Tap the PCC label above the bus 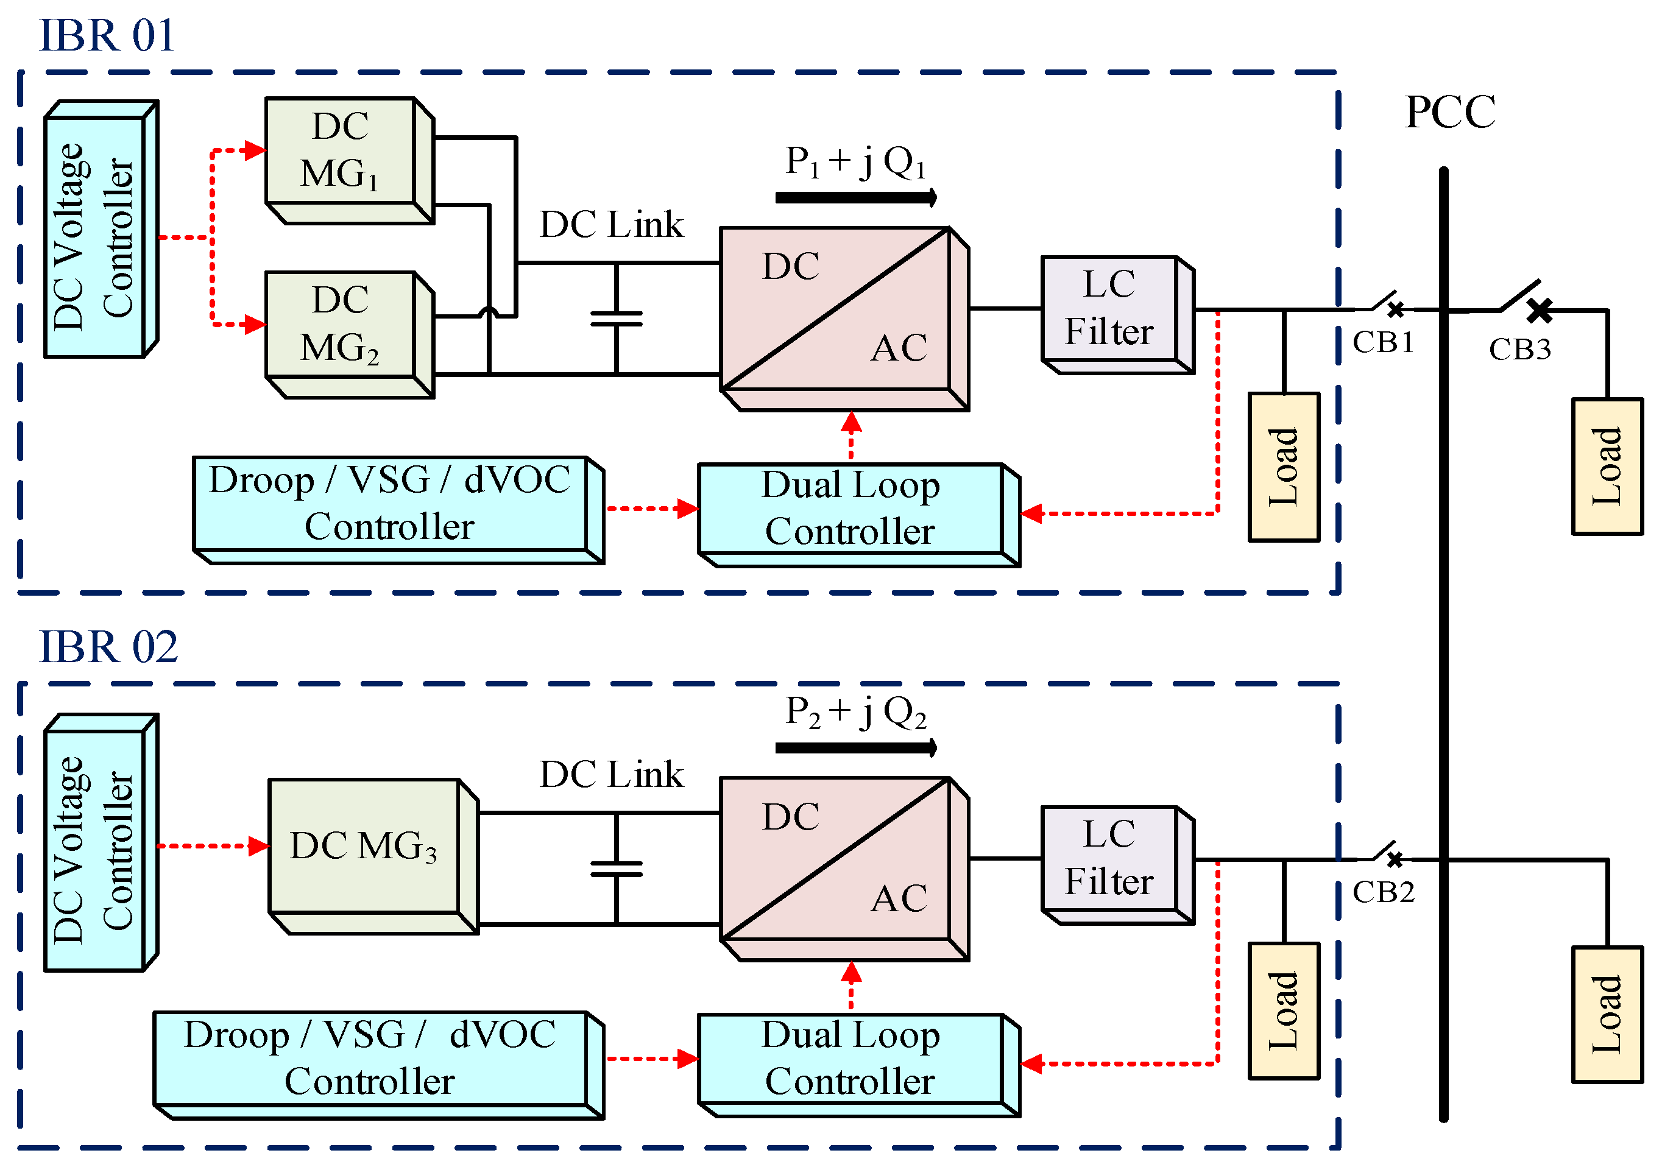tap(1449, 112)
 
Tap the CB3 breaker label tap(1519, 350)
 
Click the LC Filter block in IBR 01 tap(1109, 308)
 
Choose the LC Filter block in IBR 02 tap(1109, 858)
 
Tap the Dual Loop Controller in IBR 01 tap(850, 509)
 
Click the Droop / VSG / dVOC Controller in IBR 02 tap(370, 1058)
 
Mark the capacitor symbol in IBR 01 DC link tap(616, 319)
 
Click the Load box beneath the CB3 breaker tap(1607, 467)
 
